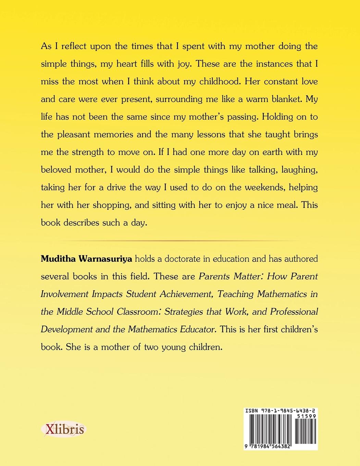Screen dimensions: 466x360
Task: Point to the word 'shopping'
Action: [x=111, y=205]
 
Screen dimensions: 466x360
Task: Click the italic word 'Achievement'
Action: [x=184, y=294]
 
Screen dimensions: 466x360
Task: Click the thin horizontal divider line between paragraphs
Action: [x=179, y=242]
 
